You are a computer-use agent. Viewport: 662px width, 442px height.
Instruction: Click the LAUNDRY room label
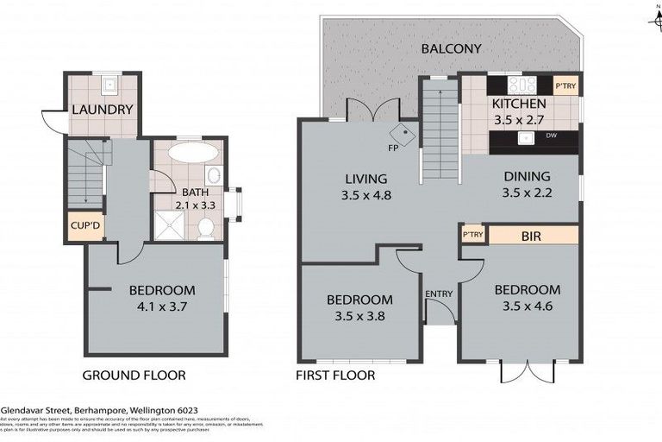(102, 110)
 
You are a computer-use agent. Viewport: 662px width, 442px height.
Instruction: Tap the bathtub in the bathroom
(193, 155)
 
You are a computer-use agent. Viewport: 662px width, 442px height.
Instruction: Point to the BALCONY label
(451, 48)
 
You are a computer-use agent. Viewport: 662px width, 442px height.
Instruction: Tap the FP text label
(393, 147)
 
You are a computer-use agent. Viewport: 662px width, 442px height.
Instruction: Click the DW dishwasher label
(551, 136)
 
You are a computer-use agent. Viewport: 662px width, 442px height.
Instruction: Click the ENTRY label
(439, 294)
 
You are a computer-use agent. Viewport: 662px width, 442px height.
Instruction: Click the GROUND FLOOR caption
(133, 376)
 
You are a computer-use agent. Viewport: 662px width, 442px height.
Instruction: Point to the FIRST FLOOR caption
(335, 376)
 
